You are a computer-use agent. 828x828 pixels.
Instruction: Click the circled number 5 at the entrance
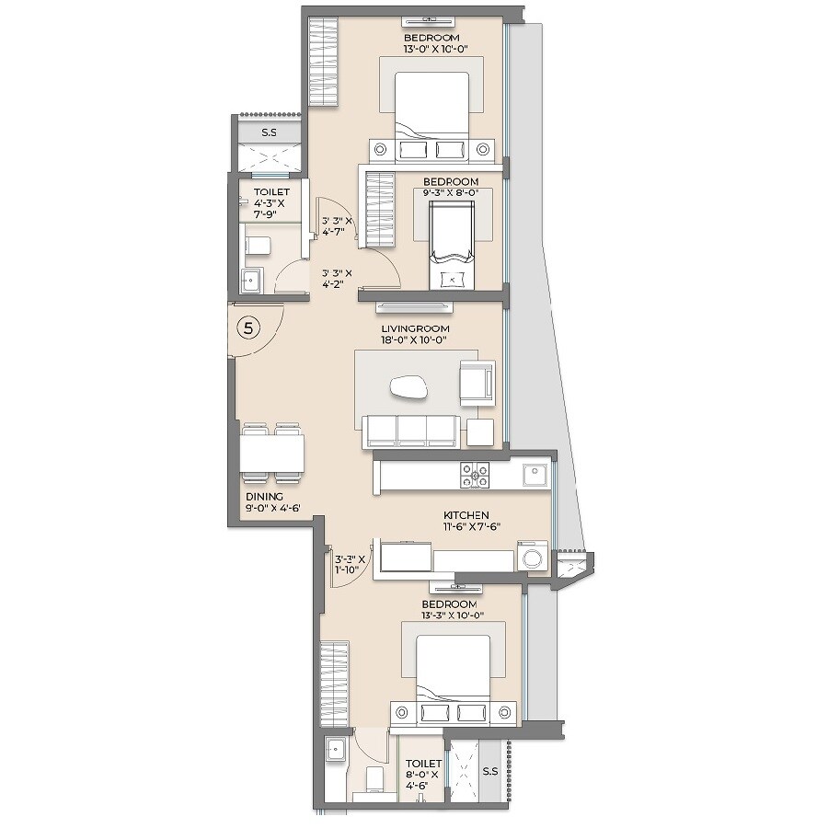pos(247,327)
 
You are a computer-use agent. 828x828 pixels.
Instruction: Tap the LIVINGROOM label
pos(416,328)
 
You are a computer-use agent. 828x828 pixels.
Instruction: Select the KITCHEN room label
pos(465,515)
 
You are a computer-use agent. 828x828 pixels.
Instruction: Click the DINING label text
pos(264,496)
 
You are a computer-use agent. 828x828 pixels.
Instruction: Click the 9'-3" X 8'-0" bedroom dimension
pos(451,193)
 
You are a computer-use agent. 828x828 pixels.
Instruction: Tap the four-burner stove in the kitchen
pos(475,475)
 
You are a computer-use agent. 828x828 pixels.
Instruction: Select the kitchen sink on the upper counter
pos(535,474)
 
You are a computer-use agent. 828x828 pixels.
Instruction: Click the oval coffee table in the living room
pos(409,388)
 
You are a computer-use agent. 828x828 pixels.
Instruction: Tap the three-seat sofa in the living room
pos(411,431)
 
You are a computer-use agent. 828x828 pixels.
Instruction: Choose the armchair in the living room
pos(477,381)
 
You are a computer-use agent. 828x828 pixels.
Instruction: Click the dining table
pos(272,453)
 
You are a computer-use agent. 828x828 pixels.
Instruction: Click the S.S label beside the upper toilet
pos(269,132)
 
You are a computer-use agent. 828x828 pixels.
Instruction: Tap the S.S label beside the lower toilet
pos(489,771)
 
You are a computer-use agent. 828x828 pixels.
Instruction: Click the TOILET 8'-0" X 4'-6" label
pos(423,775)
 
